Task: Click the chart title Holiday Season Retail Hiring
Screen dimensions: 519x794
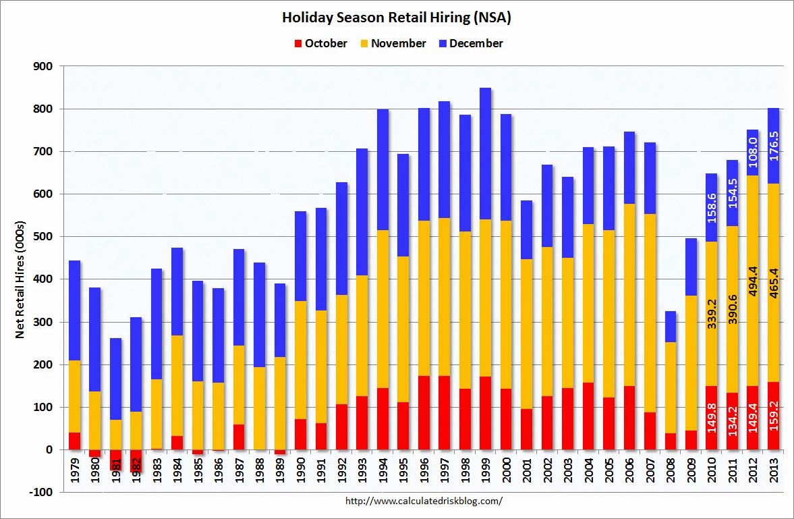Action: tap(396, 18)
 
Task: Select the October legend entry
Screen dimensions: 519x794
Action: tap(320, 43)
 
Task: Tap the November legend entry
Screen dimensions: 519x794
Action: tap(393, 43)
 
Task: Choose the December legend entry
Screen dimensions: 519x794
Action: tap(470, 43)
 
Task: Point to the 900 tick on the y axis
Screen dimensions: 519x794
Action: tap(44, 66)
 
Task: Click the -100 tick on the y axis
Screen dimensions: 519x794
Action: tap(42, 492)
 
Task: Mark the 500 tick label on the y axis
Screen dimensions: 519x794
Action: tap(44, 237)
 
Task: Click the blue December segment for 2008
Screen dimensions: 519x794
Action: tap(671, 327)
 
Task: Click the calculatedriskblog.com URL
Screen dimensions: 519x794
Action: tap(424, 501)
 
